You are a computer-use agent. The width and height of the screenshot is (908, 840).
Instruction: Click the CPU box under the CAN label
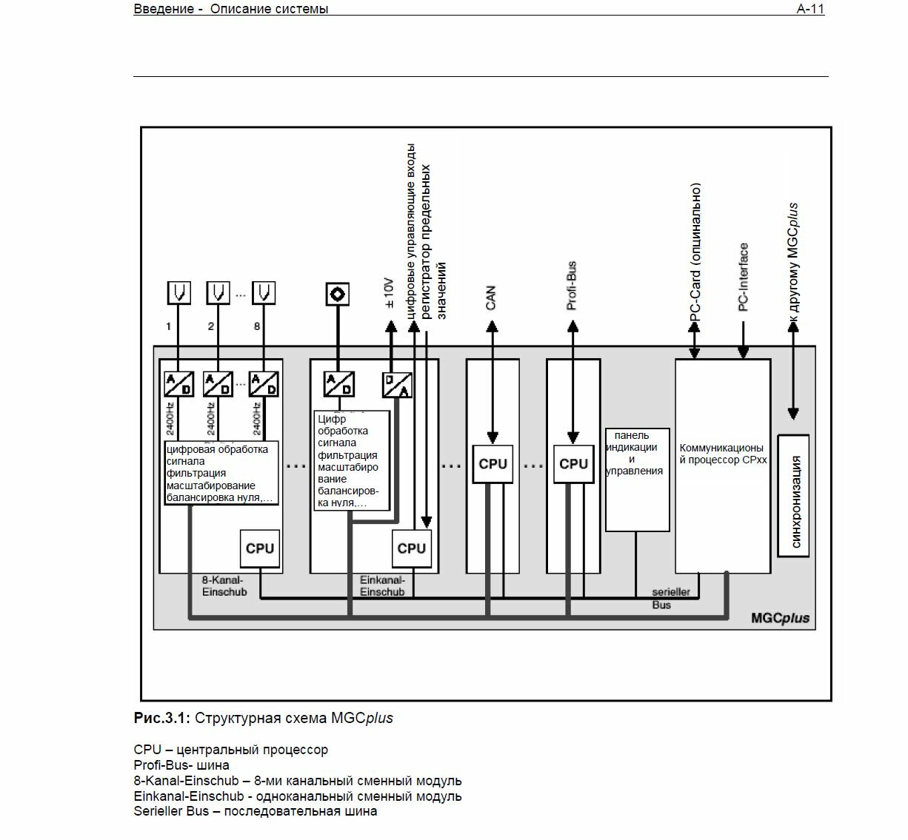[493, 464]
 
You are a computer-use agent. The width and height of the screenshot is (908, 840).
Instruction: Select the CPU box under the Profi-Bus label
[573, 464]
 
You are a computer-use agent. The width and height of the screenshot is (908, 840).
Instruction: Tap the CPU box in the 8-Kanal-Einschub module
[260, 548]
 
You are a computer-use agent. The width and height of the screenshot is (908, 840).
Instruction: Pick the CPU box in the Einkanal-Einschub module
[411, 548]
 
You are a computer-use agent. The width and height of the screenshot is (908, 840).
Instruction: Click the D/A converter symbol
[397, 385]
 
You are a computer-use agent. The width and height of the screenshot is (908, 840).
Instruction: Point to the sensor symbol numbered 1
[178, 293]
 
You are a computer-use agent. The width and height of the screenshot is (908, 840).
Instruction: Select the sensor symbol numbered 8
[264, 293]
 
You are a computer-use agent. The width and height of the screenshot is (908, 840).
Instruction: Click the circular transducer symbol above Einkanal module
[338, 294]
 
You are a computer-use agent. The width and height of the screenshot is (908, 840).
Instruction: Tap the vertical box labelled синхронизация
[793, 495]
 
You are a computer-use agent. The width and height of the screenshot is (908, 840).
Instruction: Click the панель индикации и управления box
[637, 479]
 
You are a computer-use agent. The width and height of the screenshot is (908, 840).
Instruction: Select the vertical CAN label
[491, 298]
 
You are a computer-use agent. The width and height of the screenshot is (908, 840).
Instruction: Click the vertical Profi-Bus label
[571, 286]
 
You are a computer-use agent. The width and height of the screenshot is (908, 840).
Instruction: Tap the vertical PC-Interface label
[744, 277]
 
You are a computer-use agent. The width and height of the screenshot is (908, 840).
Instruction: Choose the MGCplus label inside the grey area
[780, 618]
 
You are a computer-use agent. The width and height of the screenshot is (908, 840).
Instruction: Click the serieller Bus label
[670, 599]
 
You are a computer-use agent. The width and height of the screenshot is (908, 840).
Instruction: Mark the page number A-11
[810, 9]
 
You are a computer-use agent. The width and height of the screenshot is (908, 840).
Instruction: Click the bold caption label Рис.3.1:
[162, 718]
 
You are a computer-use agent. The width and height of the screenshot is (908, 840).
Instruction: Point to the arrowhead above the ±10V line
[390, 325]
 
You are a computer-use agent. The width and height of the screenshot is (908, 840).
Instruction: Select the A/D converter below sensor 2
[218, 384]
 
